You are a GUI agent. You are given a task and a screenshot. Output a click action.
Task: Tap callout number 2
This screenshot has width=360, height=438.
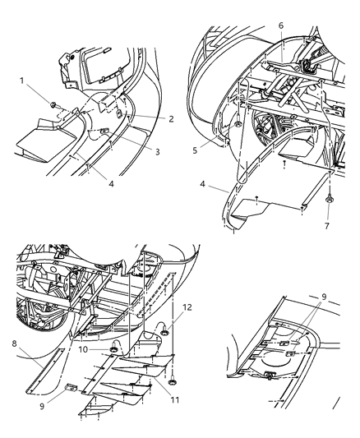(x=171, y=119)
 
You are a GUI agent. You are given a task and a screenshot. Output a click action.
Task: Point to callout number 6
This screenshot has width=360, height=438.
(x=281, y=26)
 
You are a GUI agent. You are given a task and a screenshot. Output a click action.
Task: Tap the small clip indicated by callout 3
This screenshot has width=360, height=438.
(x=105, y=131)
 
